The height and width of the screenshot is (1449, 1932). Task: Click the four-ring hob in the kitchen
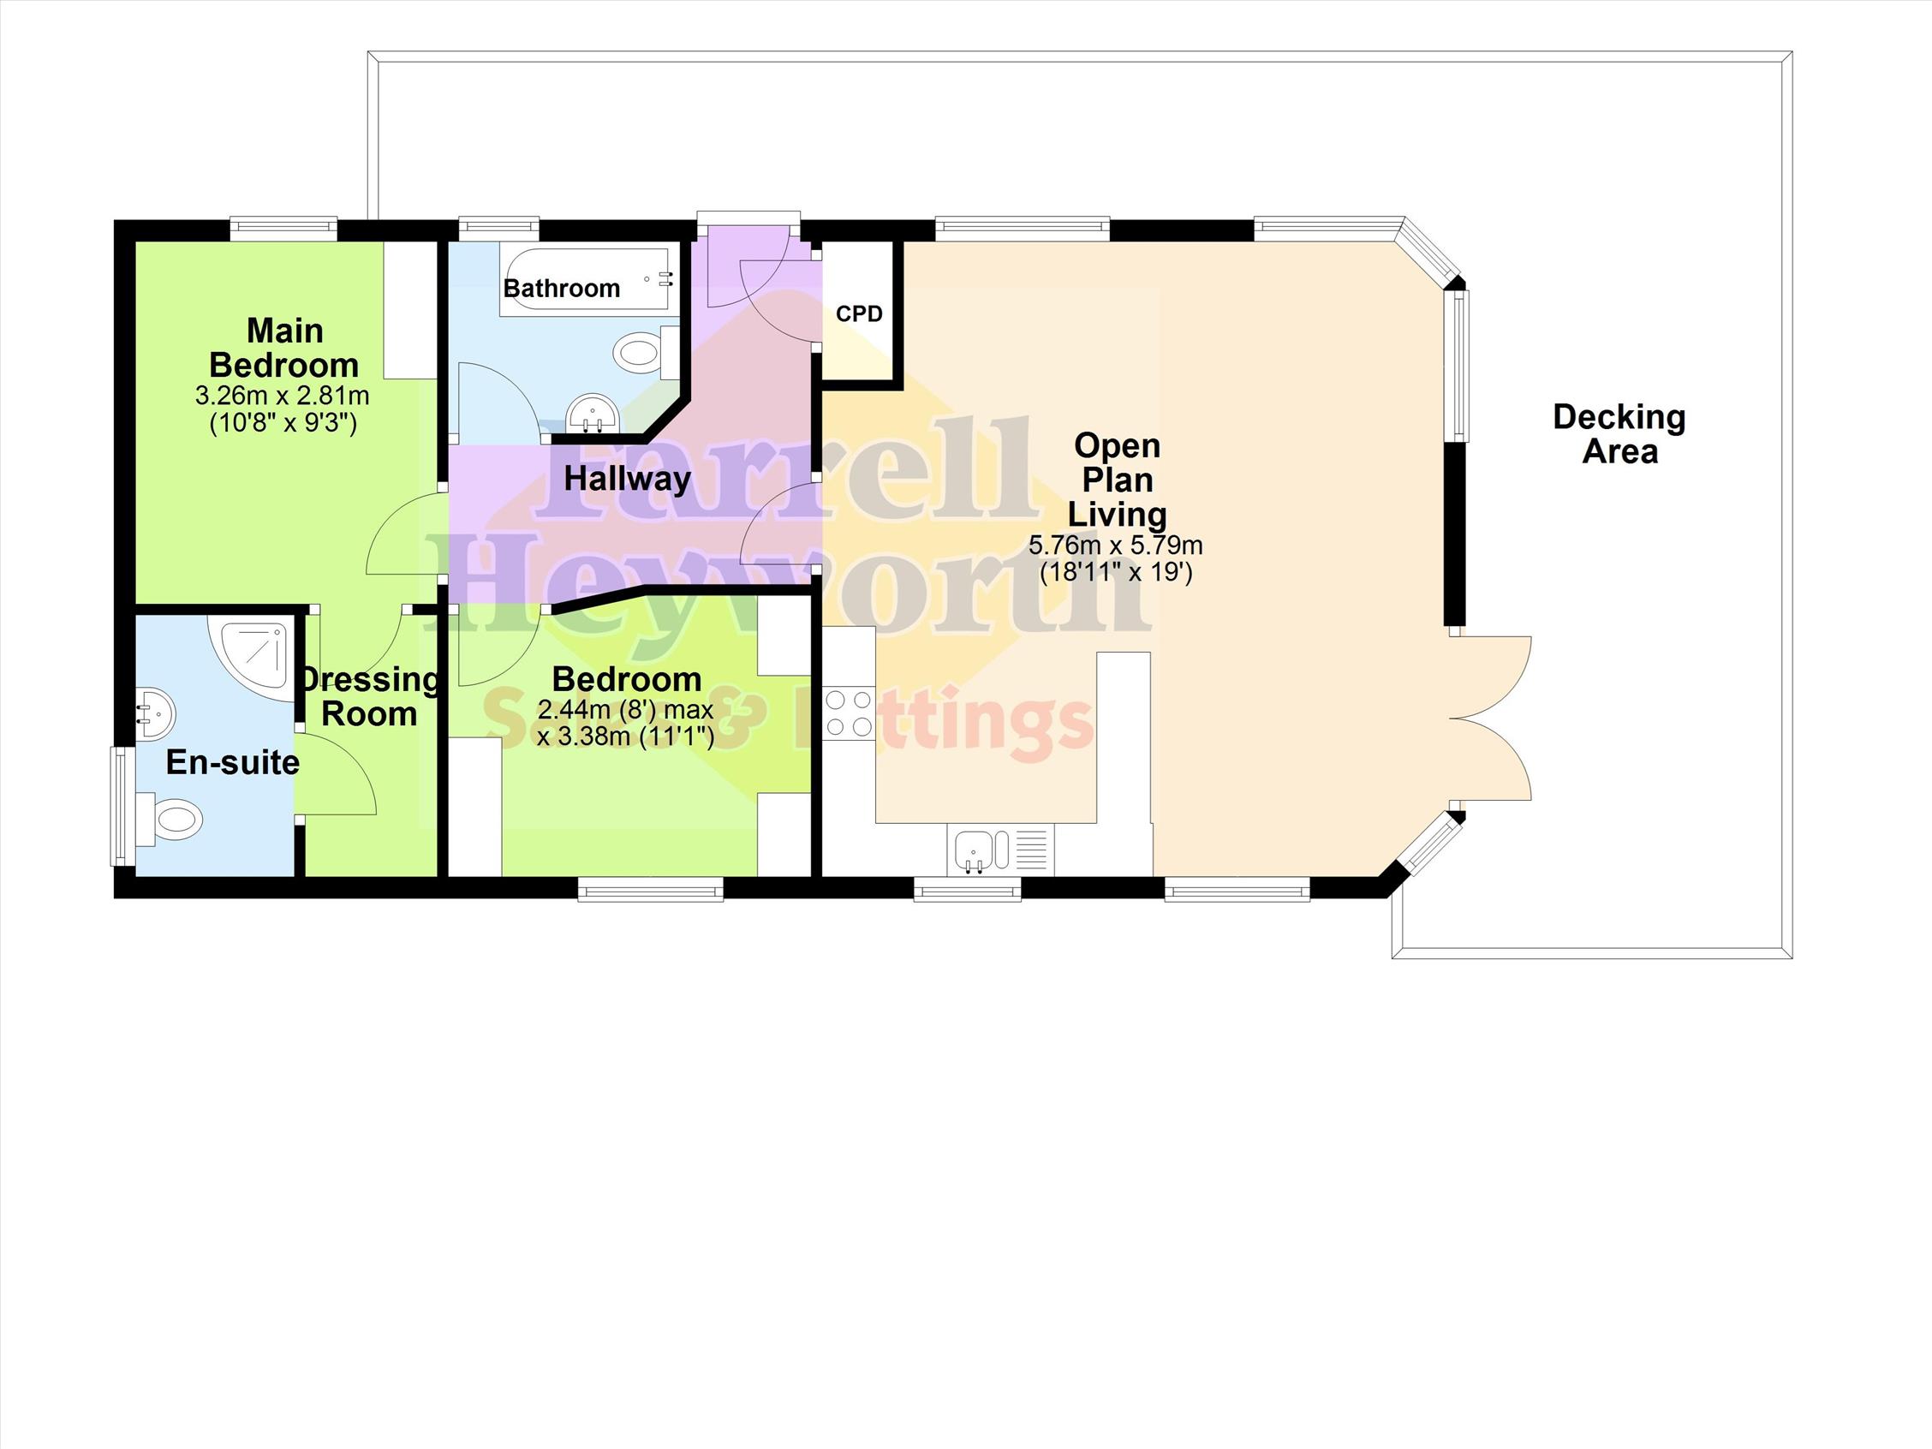point(848,713)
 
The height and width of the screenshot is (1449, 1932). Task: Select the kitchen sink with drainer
point(1000,849)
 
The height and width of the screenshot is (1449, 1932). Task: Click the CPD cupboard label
point(860,313)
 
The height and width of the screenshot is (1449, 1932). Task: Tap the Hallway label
point(627,478)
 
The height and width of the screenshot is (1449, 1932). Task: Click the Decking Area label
point(1619,434)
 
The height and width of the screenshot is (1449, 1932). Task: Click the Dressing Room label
point(370,696)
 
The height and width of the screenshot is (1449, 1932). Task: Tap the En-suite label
point(232,762)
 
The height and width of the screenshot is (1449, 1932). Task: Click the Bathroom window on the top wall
point(498,229)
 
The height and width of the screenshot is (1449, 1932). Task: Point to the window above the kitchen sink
point(968,889)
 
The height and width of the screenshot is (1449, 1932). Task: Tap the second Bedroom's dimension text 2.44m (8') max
point(625,709)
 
